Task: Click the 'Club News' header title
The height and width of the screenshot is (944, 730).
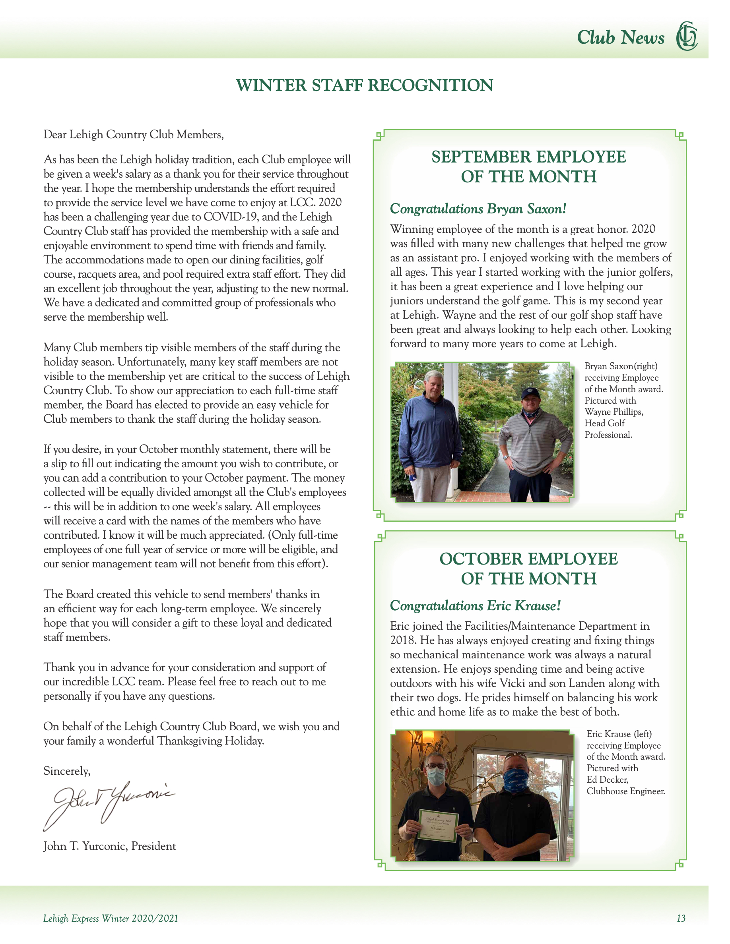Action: (x=620, y=38)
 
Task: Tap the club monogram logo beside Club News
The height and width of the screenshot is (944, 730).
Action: (x=686, y=36)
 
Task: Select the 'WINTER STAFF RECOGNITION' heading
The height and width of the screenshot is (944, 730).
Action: (x=365, y=85)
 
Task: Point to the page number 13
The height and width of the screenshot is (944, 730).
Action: (x=681, y=918)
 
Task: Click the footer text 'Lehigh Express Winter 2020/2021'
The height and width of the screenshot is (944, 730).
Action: (x=111, y=918)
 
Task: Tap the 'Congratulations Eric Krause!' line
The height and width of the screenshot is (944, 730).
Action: (x=475, y=605)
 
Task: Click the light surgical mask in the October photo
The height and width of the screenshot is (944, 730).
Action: (x=435, y=776)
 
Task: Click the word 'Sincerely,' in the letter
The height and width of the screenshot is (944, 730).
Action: (x=67, y=771)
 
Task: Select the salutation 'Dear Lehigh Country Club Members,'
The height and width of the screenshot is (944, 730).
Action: (x=134, y=134)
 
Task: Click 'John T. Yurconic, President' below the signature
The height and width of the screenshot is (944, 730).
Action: (x=110, y=846)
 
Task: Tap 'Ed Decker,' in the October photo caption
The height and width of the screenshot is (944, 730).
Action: (x=607, y=780)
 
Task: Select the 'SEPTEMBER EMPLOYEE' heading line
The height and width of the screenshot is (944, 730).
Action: (x=528, y=157)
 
